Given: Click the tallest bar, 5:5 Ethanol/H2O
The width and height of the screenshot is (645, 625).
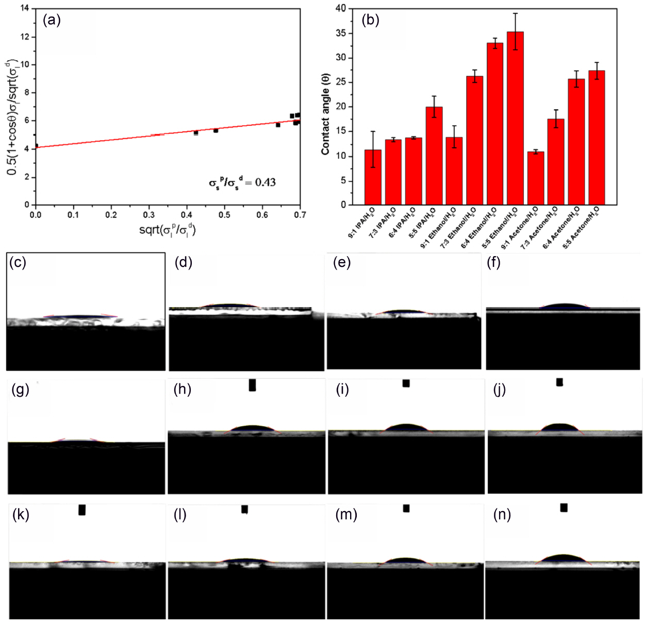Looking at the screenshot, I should click(515, 119).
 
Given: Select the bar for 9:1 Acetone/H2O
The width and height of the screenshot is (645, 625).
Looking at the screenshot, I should click(535, 178).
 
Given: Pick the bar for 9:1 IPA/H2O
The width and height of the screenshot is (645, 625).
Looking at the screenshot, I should click(373, 177).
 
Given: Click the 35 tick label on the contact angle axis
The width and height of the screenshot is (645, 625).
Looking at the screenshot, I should click(341, 33).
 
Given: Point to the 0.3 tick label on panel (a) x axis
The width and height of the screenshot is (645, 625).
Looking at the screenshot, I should click(149, 215).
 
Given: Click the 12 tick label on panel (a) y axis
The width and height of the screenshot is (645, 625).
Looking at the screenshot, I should click(25, 37).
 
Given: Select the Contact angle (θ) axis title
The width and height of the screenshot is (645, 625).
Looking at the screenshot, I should click(325, 114).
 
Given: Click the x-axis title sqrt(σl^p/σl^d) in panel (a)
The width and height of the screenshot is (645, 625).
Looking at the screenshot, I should click(168, 230).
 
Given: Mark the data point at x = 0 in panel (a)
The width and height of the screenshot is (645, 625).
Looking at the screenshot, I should click(36, 146).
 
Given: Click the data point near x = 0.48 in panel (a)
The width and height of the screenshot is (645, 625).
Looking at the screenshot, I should click(216, 130).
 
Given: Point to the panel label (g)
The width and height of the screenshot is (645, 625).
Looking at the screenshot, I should click(20, 390).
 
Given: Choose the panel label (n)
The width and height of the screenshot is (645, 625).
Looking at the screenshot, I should click(502, 515).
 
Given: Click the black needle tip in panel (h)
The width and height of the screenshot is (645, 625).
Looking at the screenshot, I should click(252, 385).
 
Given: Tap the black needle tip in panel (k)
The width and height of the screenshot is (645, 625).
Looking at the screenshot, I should click(82, 510).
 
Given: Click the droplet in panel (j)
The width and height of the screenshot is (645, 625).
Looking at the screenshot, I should click(560, 428).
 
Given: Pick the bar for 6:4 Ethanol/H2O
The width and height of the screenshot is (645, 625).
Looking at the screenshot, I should click(495, 124).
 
